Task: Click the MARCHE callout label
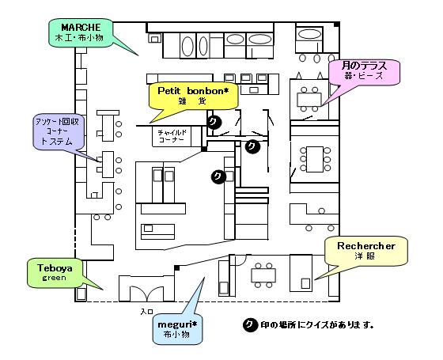pos(81,32)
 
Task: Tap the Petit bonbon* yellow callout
pos(193,96)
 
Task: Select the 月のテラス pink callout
pos(364,72)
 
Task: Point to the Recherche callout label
pos(365,251)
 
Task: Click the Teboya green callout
pos(55,272)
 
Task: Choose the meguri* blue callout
pos(177,329)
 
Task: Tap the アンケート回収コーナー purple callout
pos(59,131)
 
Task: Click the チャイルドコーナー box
pos(172,136)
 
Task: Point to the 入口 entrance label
pos(146,312)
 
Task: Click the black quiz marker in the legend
pos(250,325)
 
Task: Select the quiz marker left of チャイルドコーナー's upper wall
pos(214,122)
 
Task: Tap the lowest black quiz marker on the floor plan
pos(218,176)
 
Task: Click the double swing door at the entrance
pos(146,294)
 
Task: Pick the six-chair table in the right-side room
pos(315,159)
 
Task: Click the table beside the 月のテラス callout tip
pos(309,99)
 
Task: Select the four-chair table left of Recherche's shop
pos(263,275)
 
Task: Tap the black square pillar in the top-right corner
pos(336,25)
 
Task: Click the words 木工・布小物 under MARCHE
pos(79,38)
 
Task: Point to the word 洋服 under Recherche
pos(365,256)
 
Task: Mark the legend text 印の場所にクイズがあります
pos(317,325)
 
